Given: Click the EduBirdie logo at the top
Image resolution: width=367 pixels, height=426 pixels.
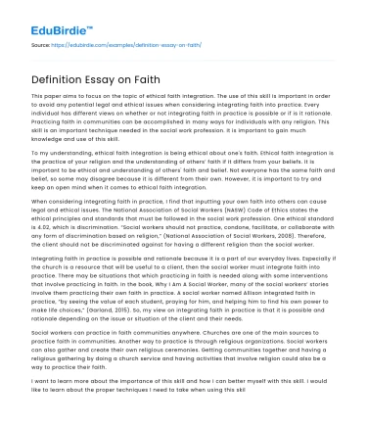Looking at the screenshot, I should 46,18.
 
